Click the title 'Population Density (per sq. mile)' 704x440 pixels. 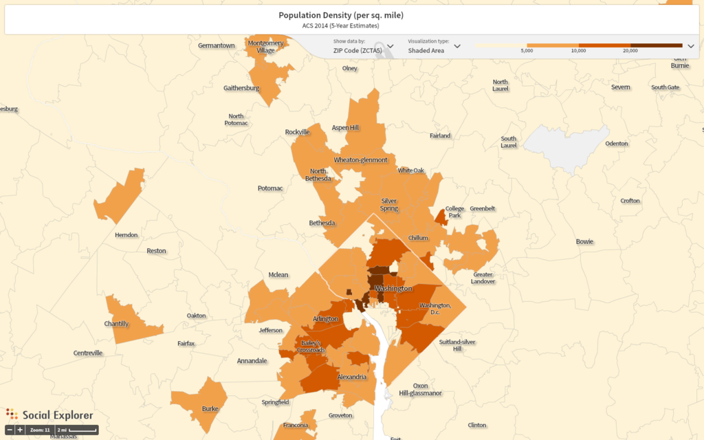[340, 15]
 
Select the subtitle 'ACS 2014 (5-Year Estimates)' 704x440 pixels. [340, 26]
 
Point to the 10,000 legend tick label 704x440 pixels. [578, 51]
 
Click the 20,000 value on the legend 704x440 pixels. [630, 51]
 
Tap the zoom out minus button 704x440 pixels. [10, 430]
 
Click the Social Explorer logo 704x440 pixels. [49, 415]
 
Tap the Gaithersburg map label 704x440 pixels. [241, 88]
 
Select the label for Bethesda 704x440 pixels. [322, 223]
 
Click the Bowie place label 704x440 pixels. [584, 241]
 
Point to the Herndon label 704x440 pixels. [126, 234]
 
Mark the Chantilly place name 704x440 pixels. [116, 324]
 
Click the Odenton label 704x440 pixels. [617, 143]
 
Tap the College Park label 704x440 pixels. [455, 211]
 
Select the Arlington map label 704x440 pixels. [326, 319]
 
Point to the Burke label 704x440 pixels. [210, 408]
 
